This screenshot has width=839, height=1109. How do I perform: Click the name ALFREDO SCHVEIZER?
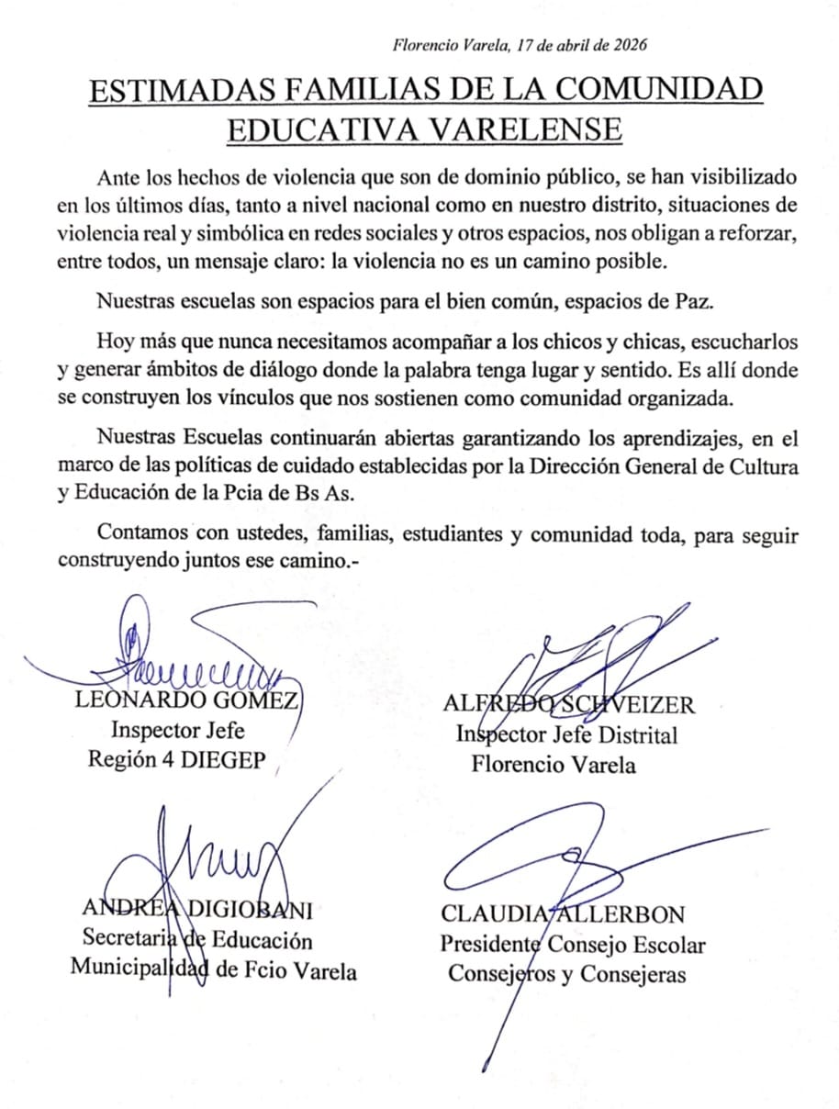tap(568, 705)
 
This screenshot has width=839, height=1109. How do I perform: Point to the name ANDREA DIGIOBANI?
tap(198, 910)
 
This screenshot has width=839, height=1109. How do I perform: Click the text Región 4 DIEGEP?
tap(182, 760)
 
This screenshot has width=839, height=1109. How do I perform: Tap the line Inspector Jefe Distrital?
tap(566, 734)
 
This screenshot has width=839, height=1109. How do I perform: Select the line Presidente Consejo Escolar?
tap(573, 944)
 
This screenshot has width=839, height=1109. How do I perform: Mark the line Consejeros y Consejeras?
tap(566, 974)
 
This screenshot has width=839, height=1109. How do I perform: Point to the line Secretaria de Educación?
tap(197, 940)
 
